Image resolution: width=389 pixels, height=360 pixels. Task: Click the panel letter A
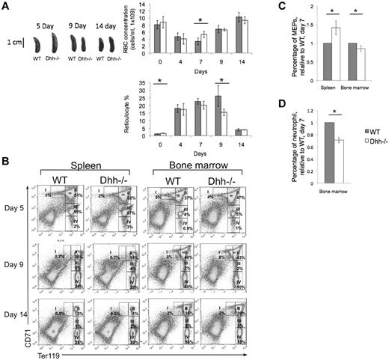7,6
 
